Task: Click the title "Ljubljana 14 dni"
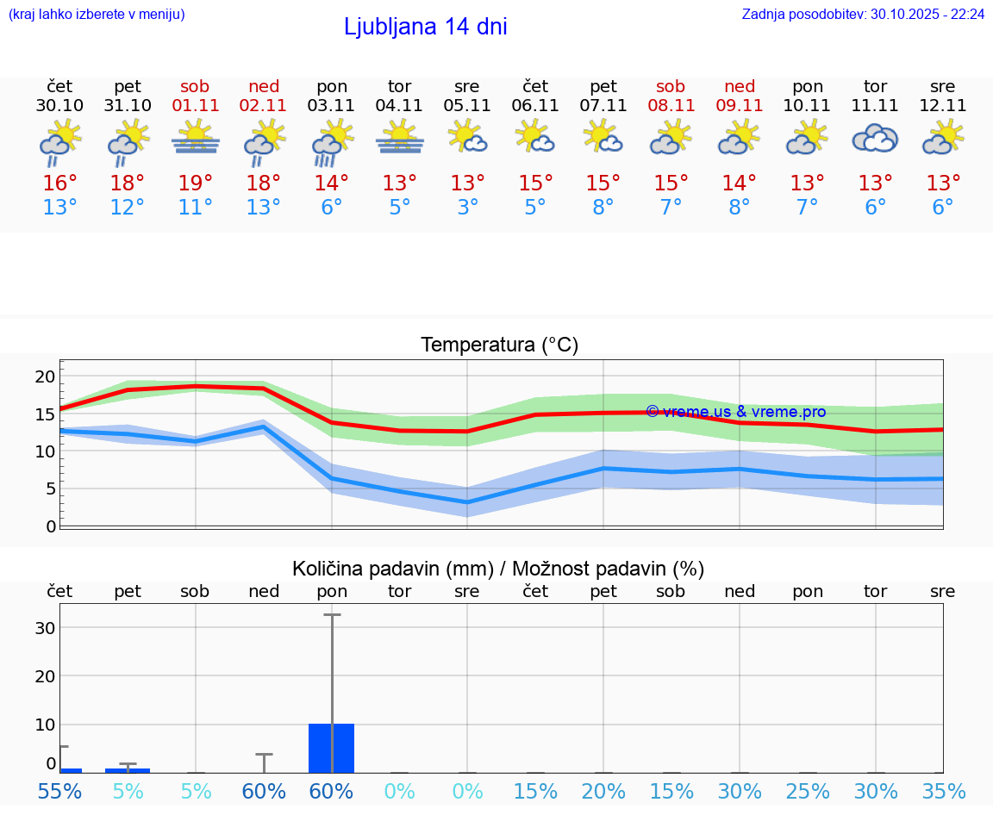425,27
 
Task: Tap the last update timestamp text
863,14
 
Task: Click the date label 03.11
332,106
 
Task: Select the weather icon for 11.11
875,139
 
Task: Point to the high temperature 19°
196,184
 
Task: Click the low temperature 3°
467,208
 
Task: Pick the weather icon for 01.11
196,138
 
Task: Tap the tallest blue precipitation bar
332,748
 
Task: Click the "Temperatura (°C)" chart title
499,345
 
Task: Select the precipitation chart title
498,569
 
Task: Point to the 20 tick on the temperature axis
45,376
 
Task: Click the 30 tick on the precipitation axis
45,628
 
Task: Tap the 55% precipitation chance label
59,791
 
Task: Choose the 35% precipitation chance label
943,791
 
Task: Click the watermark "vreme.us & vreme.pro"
735,412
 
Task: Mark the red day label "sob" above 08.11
671,86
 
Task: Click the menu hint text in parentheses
97,14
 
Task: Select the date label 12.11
943,106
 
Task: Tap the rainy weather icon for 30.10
59,141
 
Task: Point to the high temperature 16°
59,184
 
